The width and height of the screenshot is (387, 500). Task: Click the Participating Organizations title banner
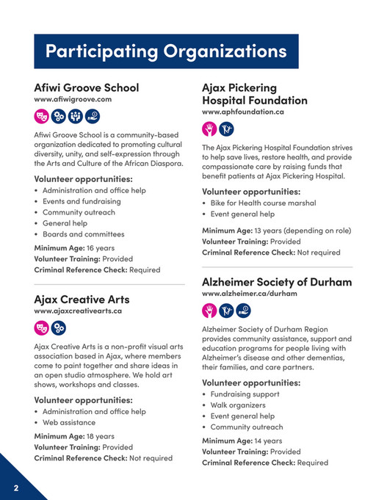166,51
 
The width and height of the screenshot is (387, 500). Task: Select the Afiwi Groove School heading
86,87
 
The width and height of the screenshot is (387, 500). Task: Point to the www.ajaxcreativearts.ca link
78,311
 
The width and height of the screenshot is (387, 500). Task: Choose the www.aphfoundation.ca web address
243,112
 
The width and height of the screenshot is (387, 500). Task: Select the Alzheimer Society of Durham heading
277,282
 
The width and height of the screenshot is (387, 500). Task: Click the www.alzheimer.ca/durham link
249,294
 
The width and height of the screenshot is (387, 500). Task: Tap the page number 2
15,488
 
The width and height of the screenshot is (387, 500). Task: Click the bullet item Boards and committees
83,234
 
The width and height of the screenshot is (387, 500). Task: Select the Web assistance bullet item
69,422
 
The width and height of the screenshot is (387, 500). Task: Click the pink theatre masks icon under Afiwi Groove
42,115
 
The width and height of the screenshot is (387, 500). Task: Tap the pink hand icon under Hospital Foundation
210,129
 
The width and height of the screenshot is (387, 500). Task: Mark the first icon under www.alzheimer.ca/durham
210,310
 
